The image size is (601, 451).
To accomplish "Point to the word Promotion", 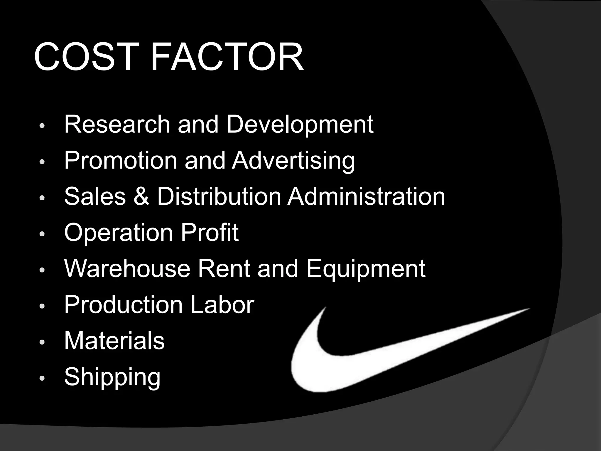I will (x=121, y=161).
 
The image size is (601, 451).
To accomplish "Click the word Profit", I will (x=209, y=232).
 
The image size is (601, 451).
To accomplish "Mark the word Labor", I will (x=222, y=304).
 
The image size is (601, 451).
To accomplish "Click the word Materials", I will (x=114, y=341).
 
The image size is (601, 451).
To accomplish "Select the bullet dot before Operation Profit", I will (x=42, y=234).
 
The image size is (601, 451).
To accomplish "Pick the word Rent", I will (x=224, y=268).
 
